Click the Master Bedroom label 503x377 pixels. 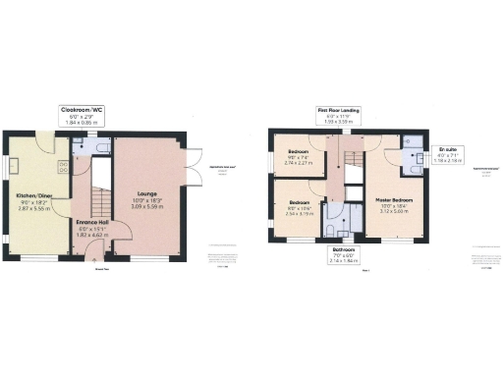pyautogui.click(x=394, y=201)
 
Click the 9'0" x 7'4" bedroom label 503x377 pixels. pyautogui.click(x=299, y=156)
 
